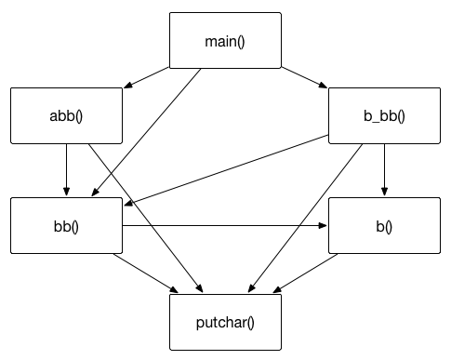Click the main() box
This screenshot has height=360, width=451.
pos(224,41)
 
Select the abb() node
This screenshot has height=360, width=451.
pos(66,116)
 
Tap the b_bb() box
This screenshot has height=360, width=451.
pos(384,116)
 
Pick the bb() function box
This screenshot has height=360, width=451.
pos(66,226)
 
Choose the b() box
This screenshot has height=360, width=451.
pos(384,226)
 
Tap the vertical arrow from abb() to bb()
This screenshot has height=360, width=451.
pos(66,171)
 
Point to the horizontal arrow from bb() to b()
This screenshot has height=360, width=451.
pos(223,226)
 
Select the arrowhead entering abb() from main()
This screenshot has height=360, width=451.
pos(127,87)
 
